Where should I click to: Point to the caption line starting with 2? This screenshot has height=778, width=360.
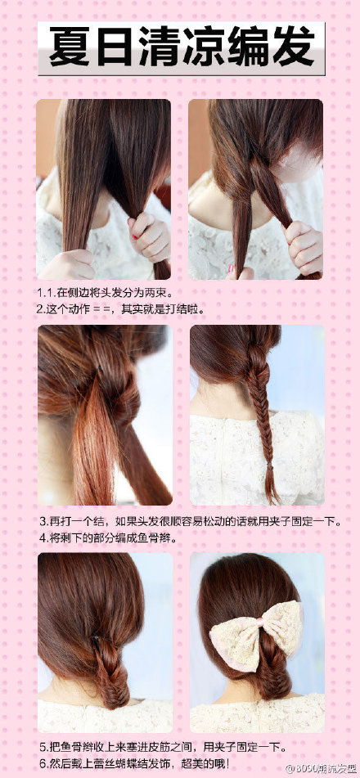coord(119,308)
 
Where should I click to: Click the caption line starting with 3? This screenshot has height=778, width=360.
coord(190,521)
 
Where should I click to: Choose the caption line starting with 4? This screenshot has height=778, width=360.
coord(107,537)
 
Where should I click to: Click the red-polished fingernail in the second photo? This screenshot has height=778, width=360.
coord(231,269)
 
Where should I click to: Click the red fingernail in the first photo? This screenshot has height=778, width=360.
coord(134,237)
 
